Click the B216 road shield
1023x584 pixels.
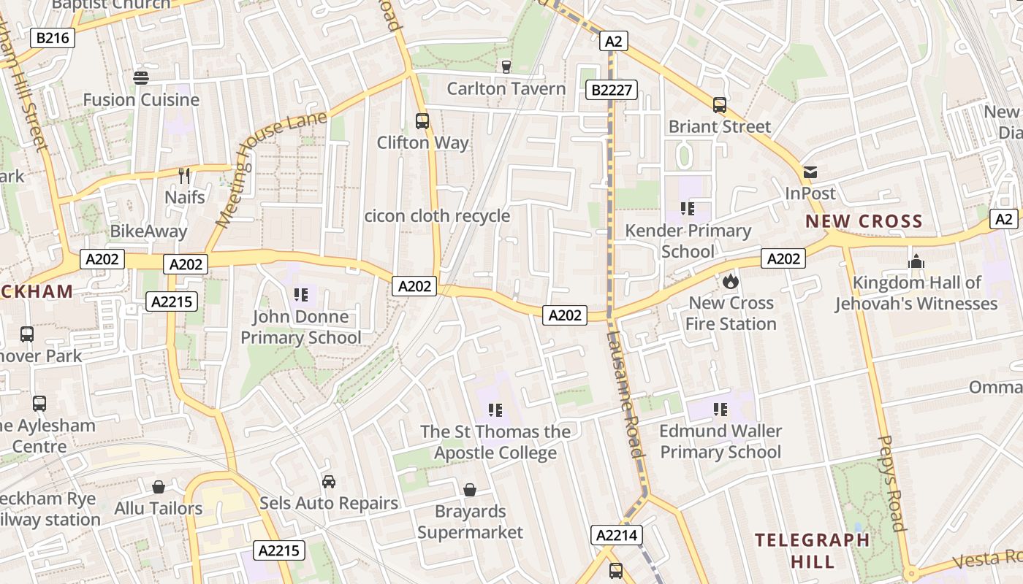[53, 38]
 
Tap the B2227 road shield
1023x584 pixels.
[612, 90]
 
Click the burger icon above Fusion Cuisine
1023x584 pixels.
[140, 77]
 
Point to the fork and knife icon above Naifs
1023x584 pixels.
[184, 175]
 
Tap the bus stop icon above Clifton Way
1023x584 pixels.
[422, 120]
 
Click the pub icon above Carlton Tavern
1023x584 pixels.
[506, 67]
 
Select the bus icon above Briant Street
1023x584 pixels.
[720, 105]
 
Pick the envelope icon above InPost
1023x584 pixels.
[810, 172]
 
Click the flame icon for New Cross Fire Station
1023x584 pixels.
[731, 281]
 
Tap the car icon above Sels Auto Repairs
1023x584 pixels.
[329, 482]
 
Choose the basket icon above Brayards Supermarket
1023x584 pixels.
[470, 489]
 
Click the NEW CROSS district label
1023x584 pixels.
[864, 221]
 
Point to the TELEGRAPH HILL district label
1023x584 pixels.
[813, 550]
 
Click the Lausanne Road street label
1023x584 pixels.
[625, 394]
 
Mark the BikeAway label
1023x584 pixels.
[148, 231]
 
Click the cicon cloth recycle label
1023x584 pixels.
[437, 216]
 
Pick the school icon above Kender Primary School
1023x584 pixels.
[687, 210]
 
